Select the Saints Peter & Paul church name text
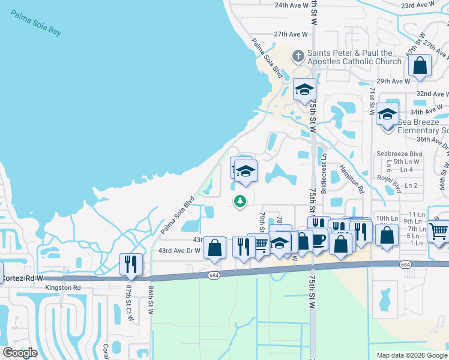[354, 57]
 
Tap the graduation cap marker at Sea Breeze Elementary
[388, 113]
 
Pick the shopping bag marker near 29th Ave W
[421, 66]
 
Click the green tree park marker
[240, 201]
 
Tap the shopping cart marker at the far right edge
[439, 230]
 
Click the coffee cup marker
[318, 238]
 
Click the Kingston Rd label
[62, 288]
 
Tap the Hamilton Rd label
[352, 178]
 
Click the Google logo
[20, 352]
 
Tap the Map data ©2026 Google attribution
[412, 355]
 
